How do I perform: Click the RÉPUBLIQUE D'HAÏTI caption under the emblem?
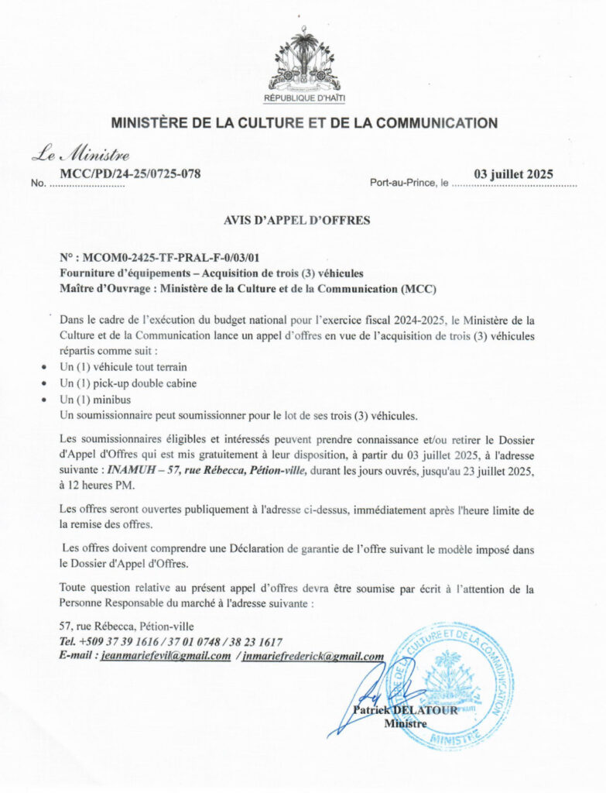[x=304, y=99]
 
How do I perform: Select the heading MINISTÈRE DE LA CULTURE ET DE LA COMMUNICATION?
[x=304, y=122]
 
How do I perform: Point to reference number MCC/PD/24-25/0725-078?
[x=130, y=173]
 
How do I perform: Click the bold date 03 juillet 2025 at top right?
[x=513, y=174]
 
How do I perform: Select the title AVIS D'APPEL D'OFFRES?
[x=296, y=220]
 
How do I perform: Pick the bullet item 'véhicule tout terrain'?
[x=123, y=366]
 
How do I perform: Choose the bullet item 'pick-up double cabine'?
[x=128, y=383]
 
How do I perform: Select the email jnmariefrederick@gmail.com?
[x=315, y=656]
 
